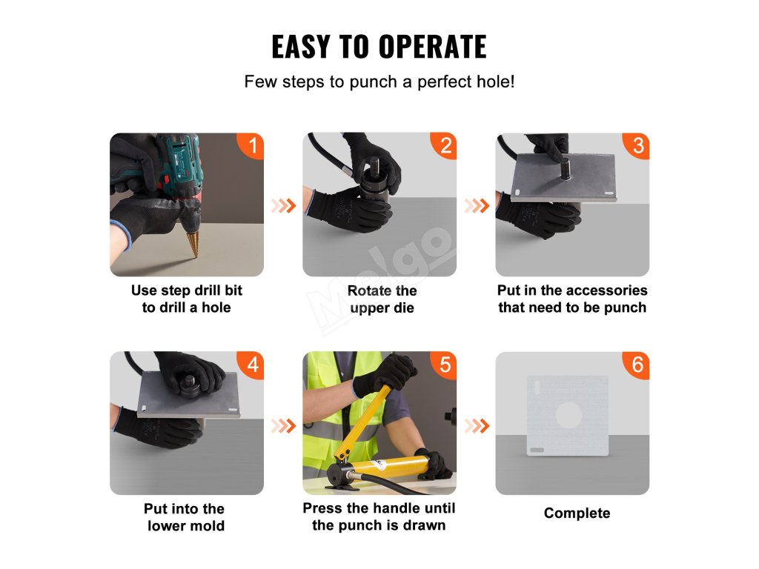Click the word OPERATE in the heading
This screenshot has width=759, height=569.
click(432, 47)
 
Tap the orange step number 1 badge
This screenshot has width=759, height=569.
click(251, 145)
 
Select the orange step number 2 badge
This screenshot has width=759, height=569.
click(445, 145)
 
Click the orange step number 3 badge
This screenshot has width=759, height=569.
click(637, 145)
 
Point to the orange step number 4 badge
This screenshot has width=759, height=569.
click(251, 365)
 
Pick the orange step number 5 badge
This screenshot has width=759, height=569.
click(445, 365)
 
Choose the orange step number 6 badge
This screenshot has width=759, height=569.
click(637, 365)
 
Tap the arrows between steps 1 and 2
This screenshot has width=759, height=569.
click(283, 206)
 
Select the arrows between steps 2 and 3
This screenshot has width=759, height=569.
click(477, 206)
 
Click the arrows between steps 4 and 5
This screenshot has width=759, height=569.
click(283, 426)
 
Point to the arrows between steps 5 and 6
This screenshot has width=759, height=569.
click(477, 426)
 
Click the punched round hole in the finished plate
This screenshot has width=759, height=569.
click(569, 415)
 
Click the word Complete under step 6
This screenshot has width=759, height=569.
click(577, 513)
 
